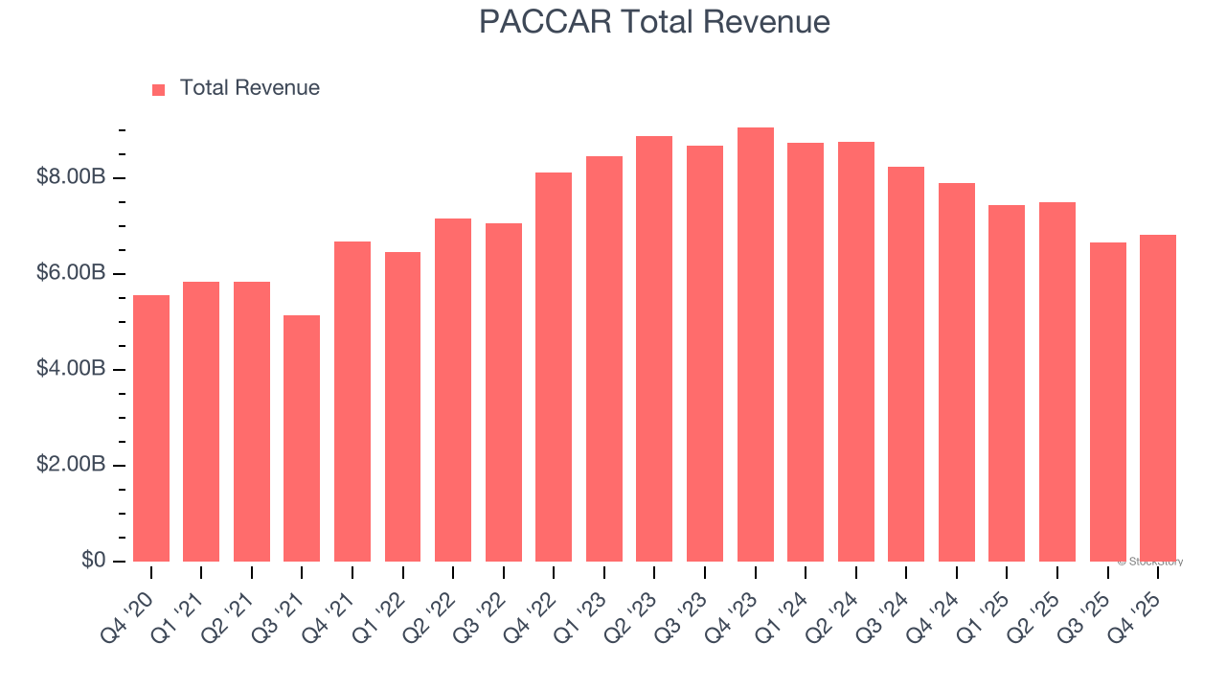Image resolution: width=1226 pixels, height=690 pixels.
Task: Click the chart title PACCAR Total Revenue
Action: [x=654, y=22]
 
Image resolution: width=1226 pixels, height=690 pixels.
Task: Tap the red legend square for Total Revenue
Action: [x=159, y=89]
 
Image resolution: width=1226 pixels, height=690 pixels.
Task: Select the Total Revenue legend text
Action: [x=249, y=88]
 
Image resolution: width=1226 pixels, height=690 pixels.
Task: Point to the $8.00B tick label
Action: [x=71, y=177]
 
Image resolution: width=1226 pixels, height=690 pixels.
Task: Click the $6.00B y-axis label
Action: [x=71, y=273]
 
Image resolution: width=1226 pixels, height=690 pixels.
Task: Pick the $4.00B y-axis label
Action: [x=71, y=369]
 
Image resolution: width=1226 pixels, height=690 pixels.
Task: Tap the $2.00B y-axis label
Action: [x=71, y=465]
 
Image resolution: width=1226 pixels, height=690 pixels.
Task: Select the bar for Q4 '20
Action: [x=151, y=428]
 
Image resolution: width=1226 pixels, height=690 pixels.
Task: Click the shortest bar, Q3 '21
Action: [x=302, y=438]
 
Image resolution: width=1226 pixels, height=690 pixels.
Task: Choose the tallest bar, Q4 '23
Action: [x=756, y=344]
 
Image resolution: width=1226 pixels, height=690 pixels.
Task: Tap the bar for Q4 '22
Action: [x=554, y=367]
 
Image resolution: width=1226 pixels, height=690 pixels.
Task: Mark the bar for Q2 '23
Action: [x=654, y=349]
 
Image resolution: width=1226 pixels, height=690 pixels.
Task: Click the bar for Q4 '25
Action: [x=1158, y=398]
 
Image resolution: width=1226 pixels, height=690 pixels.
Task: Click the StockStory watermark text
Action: [x=1150, y=562]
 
